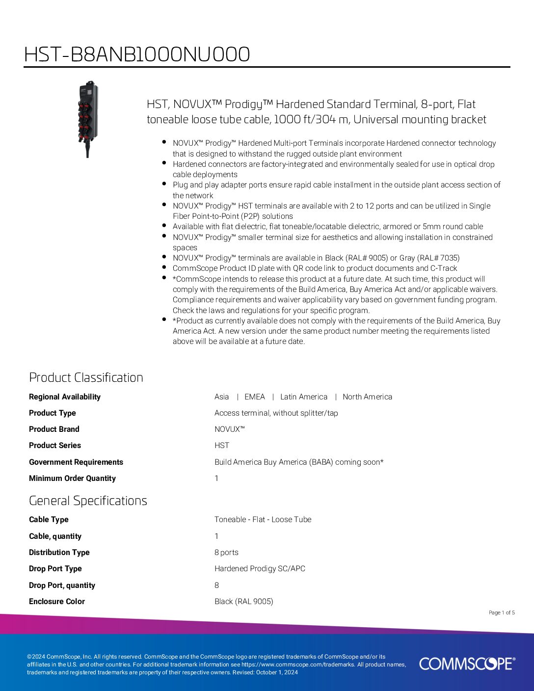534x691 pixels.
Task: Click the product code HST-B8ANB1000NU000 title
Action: coord(137,54)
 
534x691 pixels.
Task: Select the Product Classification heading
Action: coord(86,377)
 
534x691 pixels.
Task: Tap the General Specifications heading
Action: coord(88,501)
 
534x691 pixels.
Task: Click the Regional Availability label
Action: coord(65,397)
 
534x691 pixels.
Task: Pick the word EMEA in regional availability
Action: coord(255,397)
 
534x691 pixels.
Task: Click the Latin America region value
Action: coord(304,397)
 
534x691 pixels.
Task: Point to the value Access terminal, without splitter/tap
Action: coord(276,413)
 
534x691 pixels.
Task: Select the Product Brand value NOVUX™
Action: coord(229,429)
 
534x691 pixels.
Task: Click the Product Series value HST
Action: coord(222,446)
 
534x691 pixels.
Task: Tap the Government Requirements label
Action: coord(76,462)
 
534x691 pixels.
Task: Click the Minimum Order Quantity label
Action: coord(72,478)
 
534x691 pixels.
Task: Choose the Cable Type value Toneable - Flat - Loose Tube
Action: coord(263,520)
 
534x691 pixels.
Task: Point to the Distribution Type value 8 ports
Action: coord(226,553)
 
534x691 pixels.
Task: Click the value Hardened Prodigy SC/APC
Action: coord(260,569)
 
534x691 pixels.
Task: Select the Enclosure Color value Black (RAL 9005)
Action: coord(243,602)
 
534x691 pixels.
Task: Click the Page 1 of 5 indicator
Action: coord(502,612)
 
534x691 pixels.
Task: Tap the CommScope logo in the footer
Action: coord(467,664)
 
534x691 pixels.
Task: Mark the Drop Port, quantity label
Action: coord(62,585)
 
